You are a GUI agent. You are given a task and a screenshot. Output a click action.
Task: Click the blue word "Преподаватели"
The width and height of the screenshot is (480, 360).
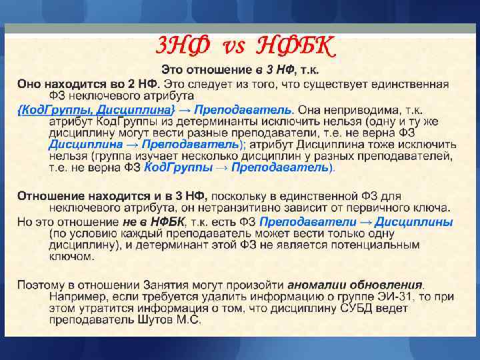(x=302, y=221)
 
